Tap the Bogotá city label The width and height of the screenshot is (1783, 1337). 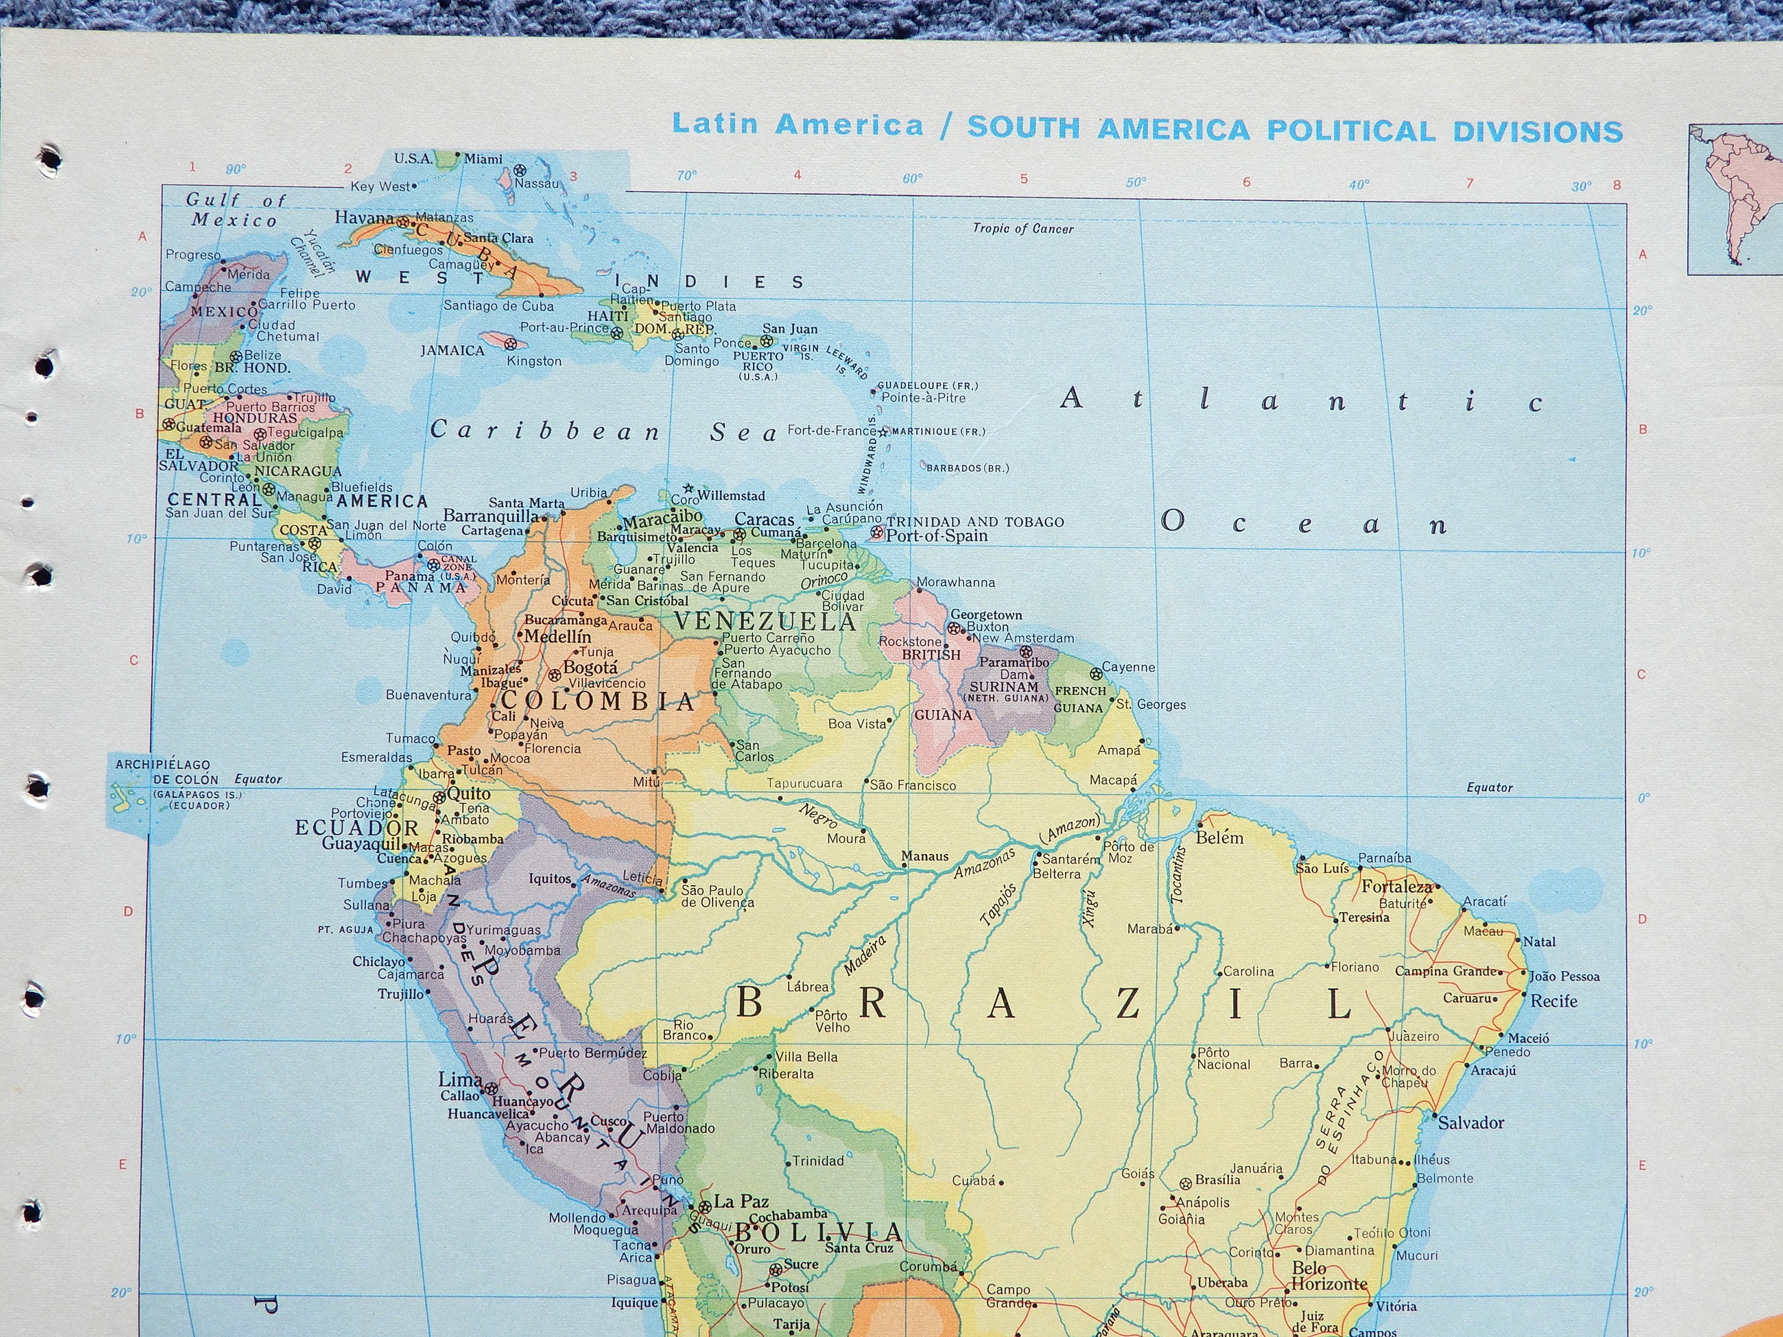590,667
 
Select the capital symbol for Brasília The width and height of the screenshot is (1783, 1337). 1185,1184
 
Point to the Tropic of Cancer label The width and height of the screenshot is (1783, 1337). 1023,229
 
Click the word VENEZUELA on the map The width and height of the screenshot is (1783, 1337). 764,622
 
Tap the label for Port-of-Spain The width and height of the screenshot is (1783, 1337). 937,536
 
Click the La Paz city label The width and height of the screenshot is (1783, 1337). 741,1202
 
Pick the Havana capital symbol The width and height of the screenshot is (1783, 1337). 402,219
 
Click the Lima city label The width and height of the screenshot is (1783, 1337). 459,1079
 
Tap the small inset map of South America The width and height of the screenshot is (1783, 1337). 1735,199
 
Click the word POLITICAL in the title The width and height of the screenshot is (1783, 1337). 1351,131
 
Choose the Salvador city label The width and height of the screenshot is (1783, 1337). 1471,1122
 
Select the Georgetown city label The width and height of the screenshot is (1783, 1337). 986,615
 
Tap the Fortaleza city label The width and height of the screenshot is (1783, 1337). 1397,887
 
